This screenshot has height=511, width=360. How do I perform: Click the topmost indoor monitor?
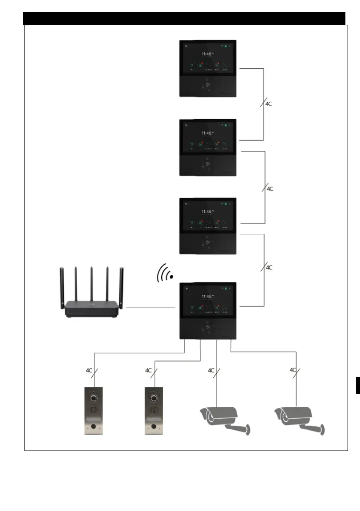[x=207, y=69]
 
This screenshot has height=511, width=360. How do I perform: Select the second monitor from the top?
[x=207, y=147]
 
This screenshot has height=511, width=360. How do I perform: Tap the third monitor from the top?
[x=207, y=226]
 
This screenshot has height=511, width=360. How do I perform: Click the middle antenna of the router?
[x=91, y=283]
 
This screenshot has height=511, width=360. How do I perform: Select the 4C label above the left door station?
[x=89, y=370]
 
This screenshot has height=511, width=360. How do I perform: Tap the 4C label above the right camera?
[x=293, y=369]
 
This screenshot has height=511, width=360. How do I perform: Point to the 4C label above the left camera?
[x=211, y=370]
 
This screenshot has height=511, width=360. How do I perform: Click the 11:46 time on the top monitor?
[x=206, y=54]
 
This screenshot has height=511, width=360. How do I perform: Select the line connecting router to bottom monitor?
[x=150, y=307]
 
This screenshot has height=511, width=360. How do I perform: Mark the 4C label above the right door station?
[x=148, y=370]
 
